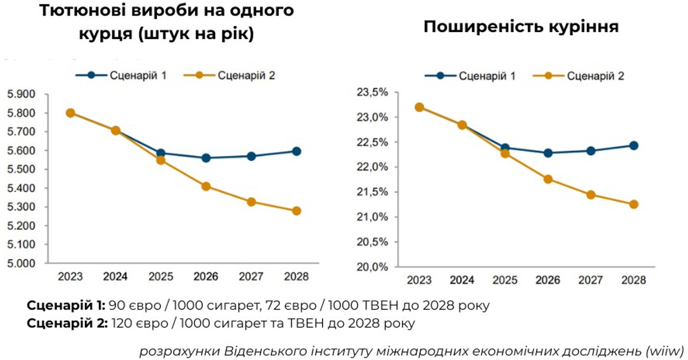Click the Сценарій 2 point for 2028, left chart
click(x=296, y=211)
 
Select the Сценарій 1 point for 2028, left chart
click(x=296, y=151)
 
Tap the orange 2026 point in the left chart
click(x=206, y=186)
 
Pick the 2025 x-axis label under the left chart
click(x=161, y=277)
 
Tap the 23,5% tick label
click(x=373, y=92)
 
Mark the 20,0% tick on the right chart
click(x=373, y=267)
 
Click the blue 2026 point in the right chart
click(x=548, y=153)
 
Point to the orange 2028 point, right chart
click(x=634, y=204)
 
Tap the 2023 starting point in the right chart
click(x=420, y=107)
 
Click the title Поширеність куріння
click(x=521, y=27)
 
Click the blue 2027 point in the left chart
click(x=251, y=156)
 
